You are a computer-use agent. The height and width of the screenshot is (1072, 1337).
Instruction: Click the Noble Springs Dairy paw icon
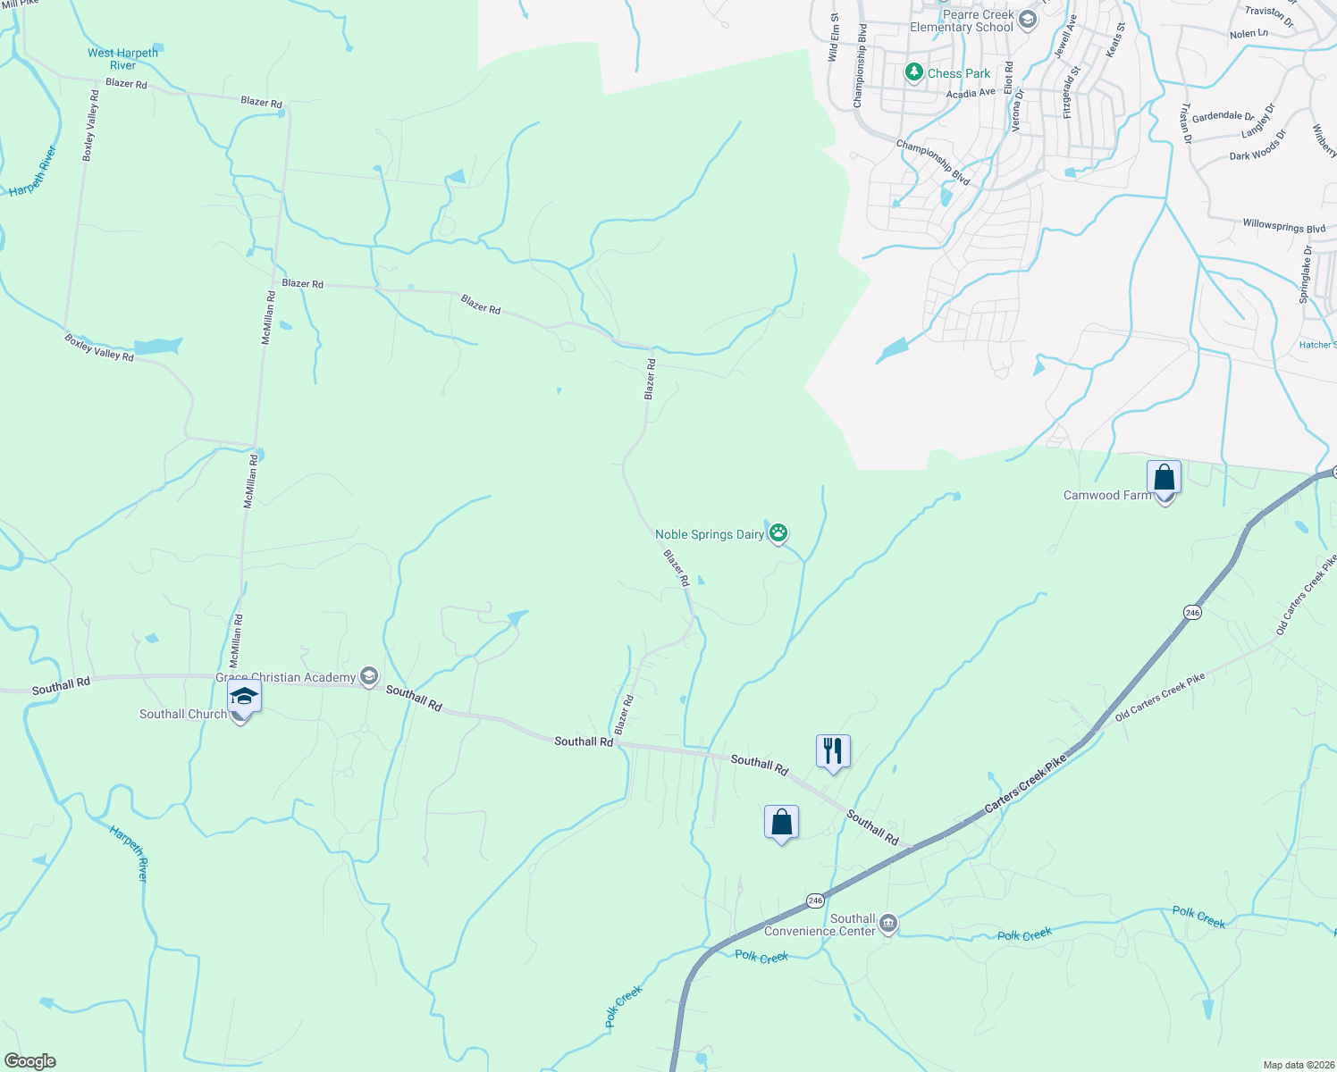(778, 533)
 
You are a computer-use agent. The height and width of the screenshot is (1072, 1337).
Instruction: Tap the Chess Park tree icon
(913, 72)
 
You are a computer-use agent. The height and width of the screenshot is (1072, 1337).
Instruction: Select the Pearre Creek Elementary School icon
(1027, 20)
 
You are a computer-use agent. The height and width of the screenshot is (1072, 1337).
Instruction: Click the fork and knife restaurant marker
(833, 750)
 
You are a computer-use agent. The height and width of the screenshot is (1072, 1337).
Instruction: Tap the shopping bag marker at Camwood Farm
(1164, 478)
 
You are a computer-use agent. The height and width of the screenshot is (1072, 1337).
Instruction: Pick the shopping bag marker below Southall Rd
(781, 822)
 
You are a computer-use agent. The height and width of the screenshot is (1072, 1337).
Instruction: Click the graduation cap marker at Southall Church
(243, 697)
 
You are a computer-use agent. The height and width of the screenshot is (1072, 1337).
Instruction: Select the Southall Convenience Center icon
(887, 924)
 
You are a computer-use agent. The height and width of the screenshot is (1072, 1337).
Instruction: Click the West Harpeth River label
(122, 59)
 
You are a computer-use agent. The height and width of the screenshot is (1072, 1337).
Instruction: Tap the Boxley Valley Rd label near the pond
(99, 348)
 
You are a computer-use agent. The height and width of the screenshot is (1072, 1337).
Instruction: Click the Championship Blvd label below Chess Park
(932, 162)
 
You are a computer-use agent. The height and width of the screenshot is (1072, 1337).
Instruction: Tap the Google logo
(29, 1061)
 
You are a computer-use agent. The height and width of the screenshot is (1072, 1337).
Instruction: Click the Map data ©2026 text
(1297, 1065)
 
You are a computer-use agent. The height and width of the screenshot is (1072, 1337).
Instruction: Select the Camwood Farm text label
(1106, 495)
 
